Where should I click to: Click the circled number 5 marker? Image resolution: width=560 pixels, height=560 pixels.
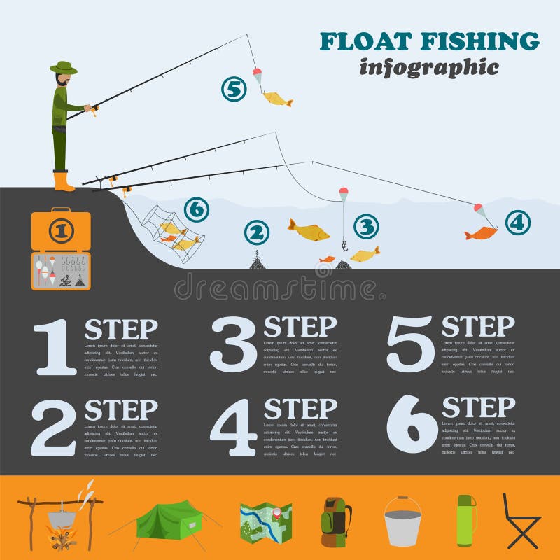[x=234, y=89]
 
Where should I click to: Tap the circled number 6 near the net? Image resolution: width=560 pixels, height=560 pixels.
[x=197, y=209]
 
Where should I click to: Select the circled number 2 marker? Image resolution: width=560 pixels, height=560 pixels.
[x=256, y=233]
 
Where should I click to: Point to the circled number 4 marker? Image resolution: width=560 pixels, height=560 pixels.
[x=517, y=223]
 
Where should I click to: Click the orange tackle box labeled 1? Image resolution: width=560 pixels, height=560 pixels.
[x=61, y=230]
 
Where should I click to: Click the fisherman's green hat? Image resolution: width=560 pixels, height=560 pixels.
[x=63, y=68]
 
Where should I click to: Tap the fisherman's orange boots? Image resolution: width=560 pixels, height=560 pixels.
[x=63, y=181]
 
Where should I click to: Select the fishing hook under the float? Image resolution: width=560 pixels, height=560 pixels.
[x=344, y=245]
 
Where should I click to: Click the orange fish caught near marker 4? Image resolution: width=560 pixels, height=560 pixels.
[x=480, y=232]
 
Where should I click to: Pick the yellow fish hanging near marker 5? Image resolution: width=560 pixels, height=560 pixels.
[x=277, y=99]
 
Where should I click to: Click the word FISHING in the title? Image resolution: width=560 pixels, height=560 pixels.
[x=479, y=41]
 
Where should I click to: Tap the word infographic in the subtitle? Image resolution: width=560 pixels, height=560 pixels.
[x=428, y=67]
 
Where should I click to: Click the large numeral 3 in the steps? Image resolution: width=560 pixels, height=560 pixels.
[x=234, y=344]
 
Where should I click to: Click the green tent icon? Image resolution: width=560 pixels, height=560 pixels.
[x=168, y=519]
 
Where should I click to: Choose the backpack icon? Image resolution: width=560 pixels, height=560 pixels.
[x=336, y=522]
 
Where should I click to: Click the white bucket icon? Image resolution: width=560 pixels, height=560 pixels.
[x=402, y=523]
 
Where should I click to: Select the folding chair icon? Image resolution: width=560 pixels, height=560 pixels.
[x=521, y=521]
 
